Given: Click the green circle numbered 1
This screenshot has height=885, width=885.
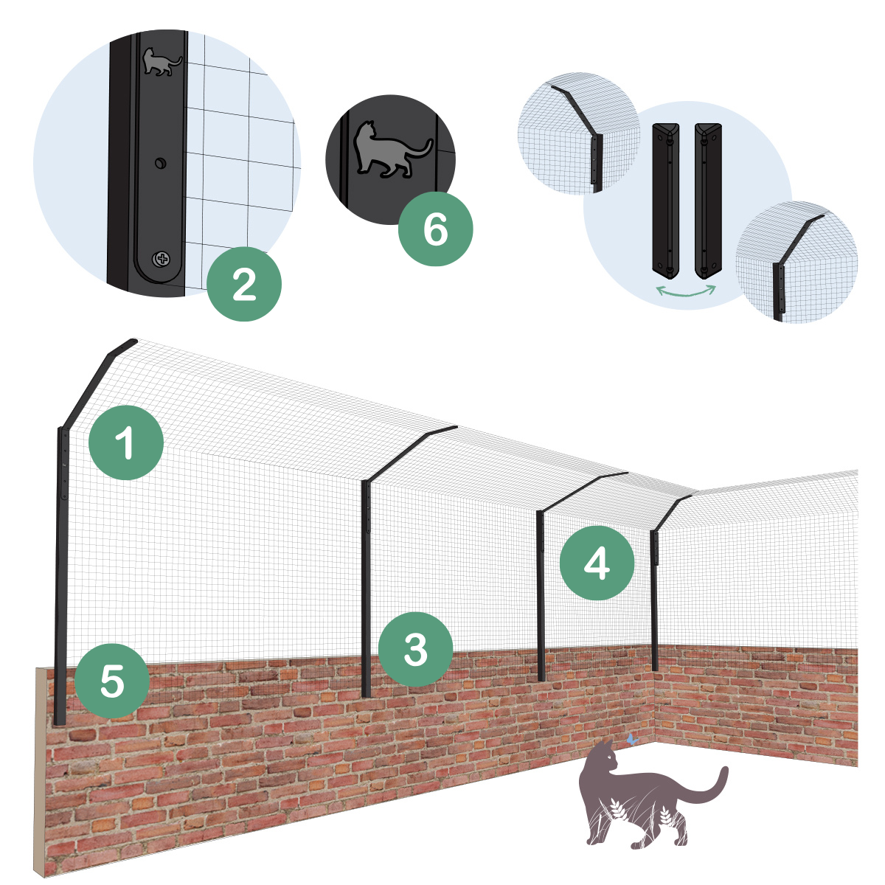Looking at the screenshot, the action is click(x=126, y=442).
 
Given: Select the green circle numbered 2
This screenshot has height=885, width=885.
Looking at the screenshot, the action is click(x=244, y=284).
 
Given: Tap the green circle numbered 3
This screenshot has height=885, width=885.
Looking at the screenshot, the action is click(x=416, y=650).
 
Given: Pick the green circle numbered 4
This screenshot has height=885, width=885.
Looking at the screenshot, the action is click(x=597, y=563).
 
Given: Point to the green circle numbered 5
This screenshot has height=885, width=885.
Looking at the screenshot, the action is click(x=112, y=681).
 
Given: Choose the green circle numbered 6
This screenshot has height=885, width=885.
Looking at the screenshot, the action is click(x=435, y=229).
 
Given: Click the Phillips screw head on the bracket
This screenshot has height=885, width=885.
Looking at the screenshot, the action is click(x=162, y=259).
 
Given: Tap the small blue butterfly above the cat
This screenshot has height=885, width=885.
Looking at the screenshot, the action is click(x=632, y=739).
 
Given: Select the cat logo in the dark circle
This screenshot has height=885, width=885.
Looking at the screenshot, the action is click(x=392, y=150).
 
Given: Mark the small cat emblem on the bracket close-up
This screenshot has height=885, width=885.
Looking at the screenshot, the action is click(x=162, y=61).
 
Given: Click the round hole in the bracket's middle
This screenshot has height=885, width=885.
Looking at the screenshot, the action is click(x=160, y=163).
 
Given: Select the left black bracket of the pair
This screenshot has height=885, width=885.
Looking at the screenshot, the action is click(x=666, y=201).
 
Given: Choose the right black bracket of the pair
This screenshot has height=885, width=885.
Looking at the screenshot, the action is click(x=708, y=201).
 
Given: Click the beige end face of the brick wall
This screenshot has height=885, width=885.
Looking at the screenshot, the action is click(x=41, y=771).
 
